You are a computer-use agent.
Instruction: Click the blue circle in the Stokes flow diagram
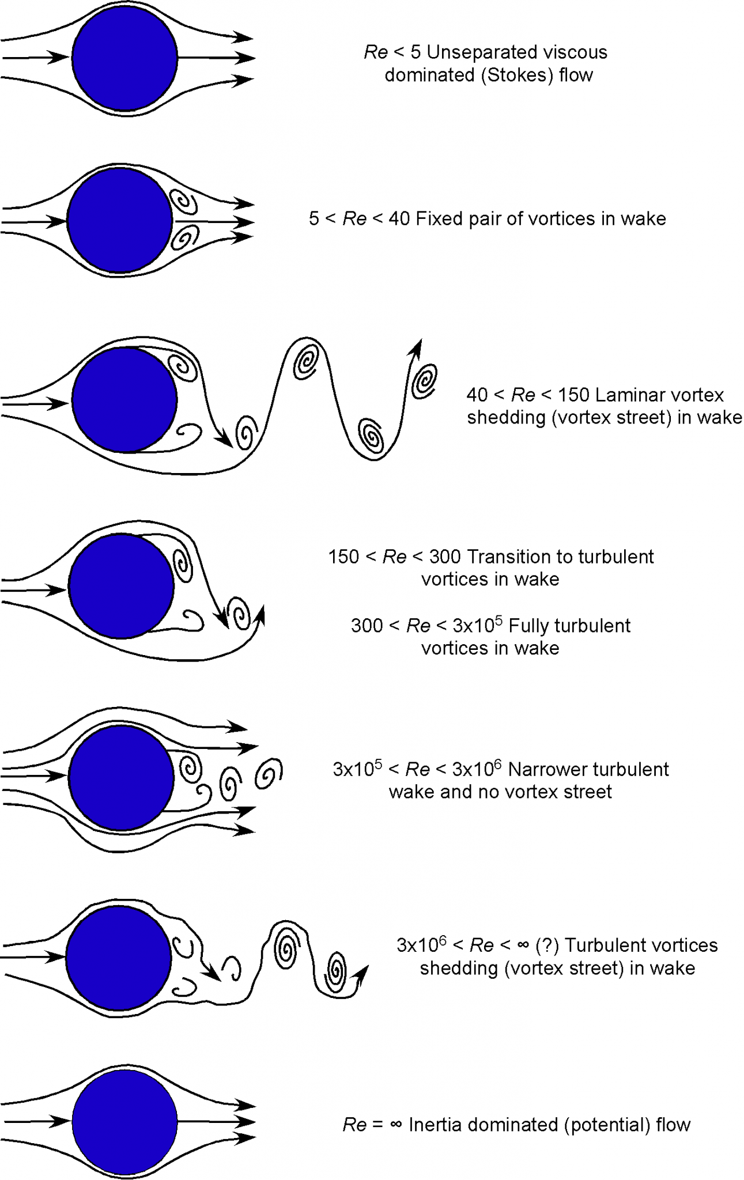(124, 58)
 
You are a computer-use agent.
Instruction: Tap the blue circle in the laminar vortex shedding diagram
(124, 400)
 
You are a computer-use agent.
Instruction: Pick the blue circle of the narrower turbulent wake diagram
(121, 777)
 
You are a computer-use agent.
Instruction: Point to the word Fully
(530, 626)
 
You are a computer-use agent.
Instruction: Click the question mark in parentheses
(547, 945)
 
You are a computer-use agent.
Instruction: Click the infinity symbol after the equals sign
(395, 1125)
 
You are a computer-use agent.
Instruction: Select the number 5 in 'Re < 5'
(416, 53)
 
